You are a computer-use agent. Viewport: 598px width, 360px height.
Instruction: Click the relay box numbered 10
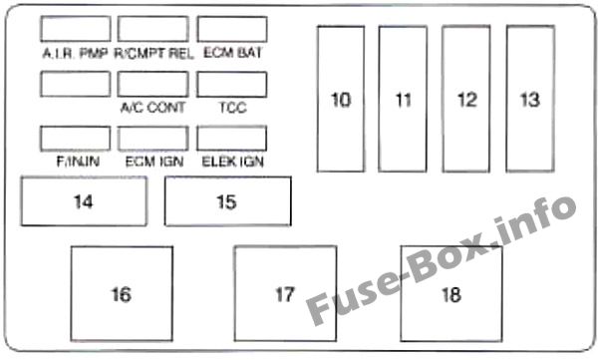342,100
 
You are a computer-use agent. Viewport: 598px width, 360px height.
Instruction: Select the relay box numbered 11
403,100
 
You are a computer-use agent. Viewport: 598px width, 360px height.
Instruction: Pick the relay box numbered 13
529,100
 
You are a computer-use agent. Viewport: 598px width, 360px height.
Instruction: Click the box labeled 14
84,201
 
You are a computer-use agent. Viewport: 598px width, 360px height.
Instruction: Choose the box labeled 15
227,201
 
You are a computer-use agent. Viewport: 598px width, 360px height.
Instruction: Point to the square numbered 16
121,294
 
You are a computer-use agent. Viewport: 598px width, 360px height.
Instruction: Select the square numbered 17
285,294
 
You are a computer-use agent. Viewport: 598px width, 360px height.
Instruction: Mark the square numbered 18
450,294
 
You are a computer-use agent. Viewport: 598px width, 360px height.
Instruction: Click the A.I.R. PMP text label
76,53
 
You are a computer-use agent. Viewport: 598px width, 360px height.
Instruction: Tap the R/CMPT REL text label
152,53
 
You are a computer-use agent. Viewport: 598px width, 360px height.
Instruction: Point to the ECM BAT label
231,53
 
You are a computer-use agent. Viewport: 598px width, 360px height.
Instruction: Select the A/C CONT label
152,108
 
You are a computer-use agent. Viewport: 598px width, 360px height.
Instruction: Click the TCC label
231,108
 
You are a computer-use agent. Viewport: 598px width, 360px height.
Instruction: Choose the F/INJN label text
76,161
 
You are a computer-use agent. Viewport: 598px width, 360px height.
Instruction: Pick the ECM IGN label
152,161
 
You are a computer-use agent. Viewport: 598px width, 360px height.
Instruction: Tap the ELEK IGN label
231,161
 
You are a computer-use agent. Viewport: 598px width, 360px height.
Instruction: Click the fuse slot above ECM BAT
231,28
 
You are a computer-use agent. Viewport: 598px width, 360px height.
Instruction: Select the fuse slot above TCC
231,84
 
